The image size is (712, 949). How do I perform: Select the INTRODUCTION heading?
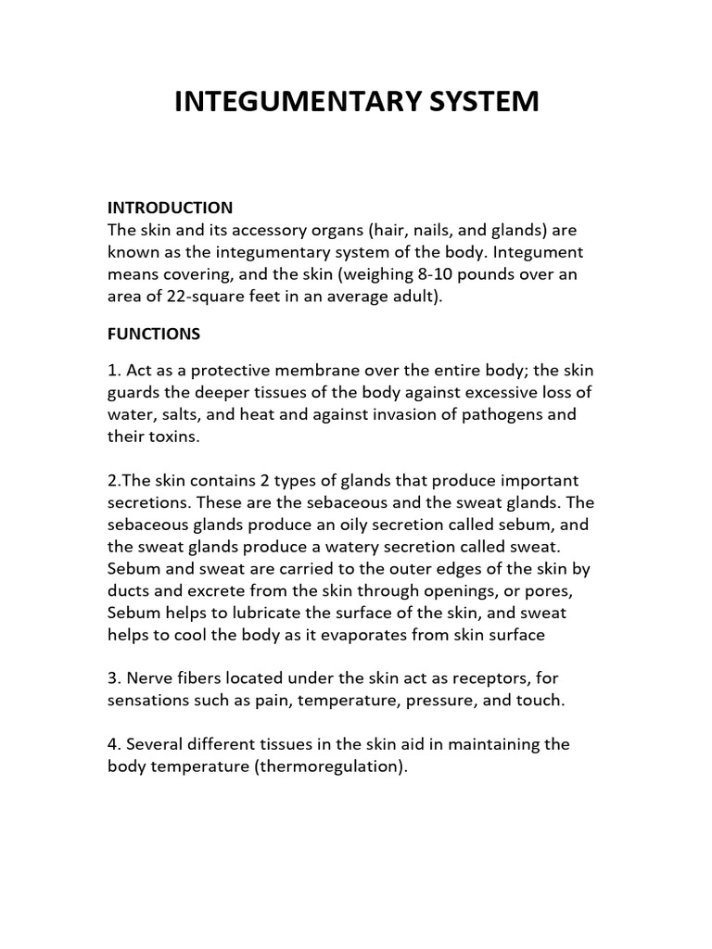point(170,207)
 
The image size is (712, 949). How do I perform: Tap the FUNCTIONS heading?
point(154,333)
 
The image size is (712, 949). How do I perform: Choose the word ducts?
point(129,591)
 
